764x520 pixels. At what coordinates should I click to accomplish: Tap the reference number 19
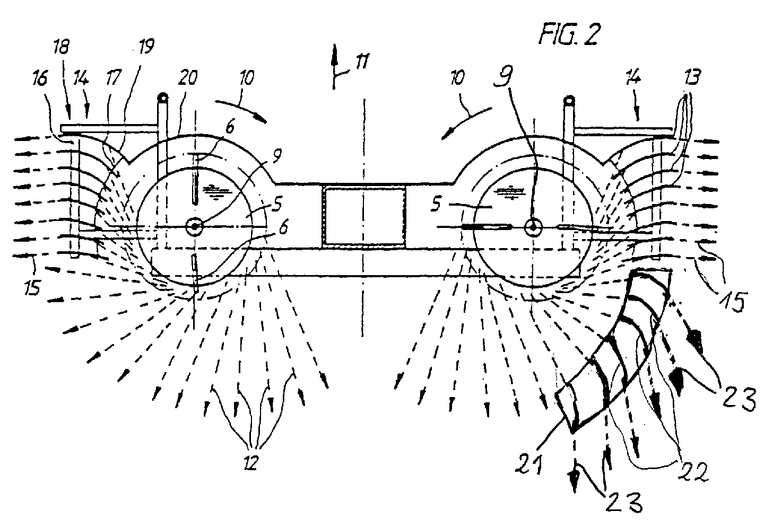tap(146, 46)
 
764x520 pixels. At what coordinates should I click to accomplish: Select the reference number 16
tap(40, 79)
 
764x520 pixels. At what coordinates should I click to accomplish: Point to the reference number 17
tap(113, 78)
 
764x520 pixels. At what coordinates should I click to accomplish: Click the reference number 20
tap(188, 78)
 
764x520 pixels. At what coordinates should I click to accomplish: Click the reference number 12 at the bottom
tap(250, 462)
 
